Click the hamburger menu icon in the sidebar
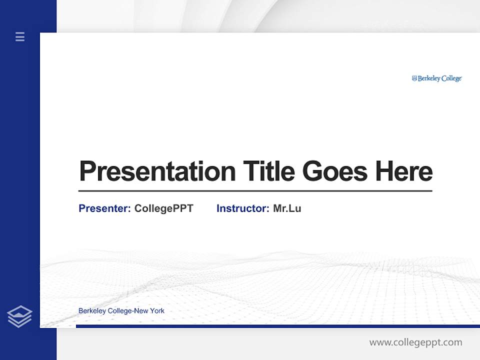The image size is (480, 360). [x=20, y=36]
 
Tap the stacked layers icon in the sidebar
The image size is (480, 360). [x=20, y=316]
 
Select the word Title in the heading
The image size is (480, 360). [x=268, y=171]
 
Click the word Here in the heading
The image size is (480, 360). [x=404, y=171]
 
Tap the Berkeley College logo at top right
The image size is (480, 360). [x=436, y=78]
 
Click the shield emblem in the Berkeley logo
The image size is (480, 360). [x=414, y=78]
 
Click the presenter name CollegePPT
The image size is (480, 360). [x=163, y=208]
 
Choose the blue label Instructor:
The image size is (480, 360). [x=243, y=208]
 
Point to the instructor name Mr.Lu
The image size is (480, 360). [x=287, y=208]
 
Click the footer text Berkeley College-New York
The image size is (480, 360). [x=121, y=311]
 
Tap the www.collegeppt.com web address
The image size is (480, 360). [x=415, y=342]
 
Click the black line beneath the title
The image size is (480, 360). [x=255, y=190]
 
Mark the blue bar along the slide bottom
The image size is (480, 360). [x=277, y=326]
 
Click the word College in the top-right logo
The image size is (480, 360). [x=451, y=78]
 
